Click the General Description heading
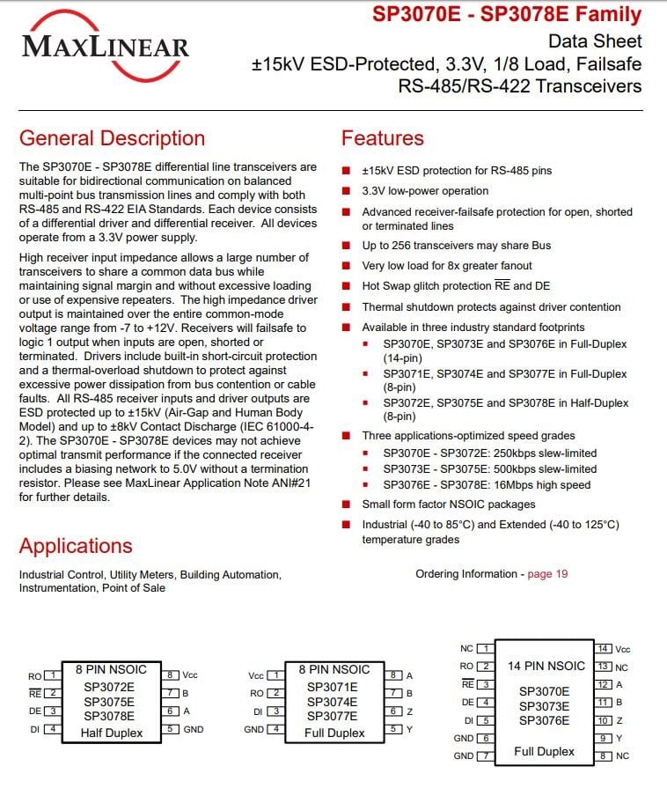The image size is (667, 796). tap(112, 138)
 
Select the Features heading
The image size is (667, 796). tap(382, 138)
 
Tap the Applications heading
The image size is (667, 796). tap(76, 545)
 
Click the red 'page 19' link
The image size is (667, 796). tap(547, 574)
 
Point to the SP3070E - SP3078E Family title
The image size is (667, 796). tap(507, 15)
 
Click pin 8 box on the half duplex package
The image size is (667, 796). tap(172, 675)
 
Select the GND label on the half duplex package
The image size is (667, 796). tap(194, 729)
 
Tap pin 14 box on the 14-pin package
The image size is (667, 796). tap(605, 649)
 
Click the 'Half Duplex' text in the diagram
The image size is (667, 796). tap(112, 733)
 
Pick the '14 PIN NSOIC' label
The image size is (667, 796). tap(546, 666)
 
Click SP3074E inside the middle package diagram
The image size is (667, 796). tap(333, 702)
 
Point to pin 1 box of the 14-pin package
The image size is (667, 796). tap(485, 649)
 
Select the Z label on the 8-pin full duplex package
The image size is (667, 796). tap(409, 711)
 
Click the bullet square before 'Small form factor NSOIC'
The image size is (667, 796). tap(347, 505)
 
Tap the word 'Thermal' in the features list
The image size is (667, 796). tap(383, 307)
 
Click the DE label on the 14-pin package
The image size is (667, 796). tap(467, 703)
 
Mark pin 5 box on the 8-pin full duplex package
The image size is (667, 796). tap(396, 729)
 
